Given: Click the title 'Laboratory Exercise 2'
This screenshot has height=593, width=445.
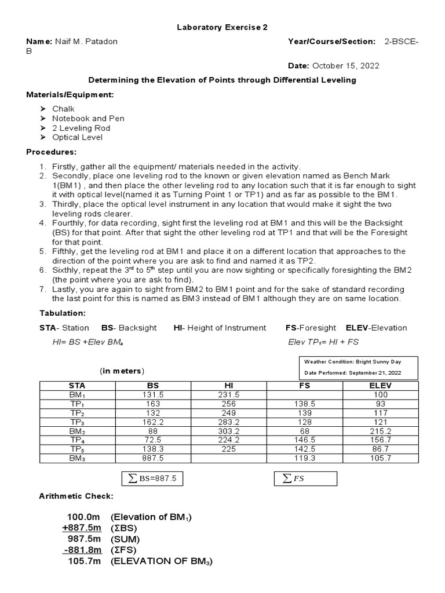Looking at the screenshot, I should click(222, 27).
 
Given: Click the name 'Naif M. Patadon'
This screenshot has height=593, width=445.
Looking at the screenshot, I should click(90, 42).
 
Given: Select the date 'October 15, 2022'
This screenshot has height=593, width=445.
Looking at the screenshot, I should click(346, 65).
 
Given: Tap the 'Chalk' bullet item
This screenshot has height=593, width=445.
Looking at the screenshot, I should click(63, 109).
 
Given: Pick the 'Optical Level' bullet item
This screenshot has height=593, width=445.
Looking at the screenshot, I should click(77, 137).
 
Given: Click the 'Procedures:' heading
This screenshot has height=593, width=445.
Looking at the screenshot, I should click(52, 152).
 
